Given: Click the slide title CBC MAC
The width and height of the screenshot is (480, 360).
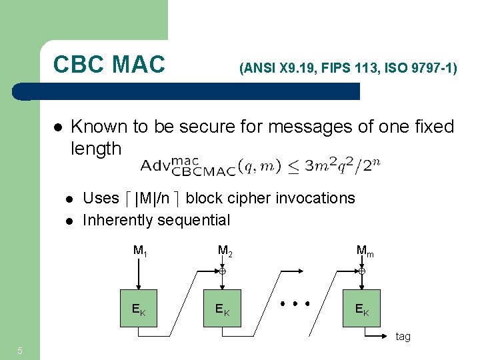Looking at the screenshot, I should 109,65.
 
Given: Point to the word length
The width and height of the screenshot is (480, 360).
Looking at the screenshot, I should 96,148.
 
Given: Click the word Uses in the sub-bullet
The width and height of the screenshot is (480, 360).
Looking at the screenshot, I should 100,198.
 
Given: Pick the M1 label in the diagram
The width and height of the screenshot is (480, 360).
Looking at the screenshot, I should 140,251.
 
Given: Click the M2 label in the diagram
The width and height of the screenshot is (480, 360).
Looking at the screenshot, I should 225,251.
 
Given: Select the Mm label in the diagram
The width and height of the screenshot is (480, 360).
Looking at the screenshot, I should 365,251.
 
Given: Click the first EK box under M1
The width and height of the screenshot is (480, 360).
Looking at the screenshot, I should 139,308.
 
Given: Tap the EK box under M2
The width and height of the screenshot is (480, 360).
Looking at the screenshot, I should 223,308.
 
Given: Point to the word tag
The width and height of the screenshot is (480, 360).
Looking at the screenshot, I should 403,337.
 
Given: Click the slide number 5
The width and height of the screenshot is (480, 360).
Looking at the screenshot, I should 21,351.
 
